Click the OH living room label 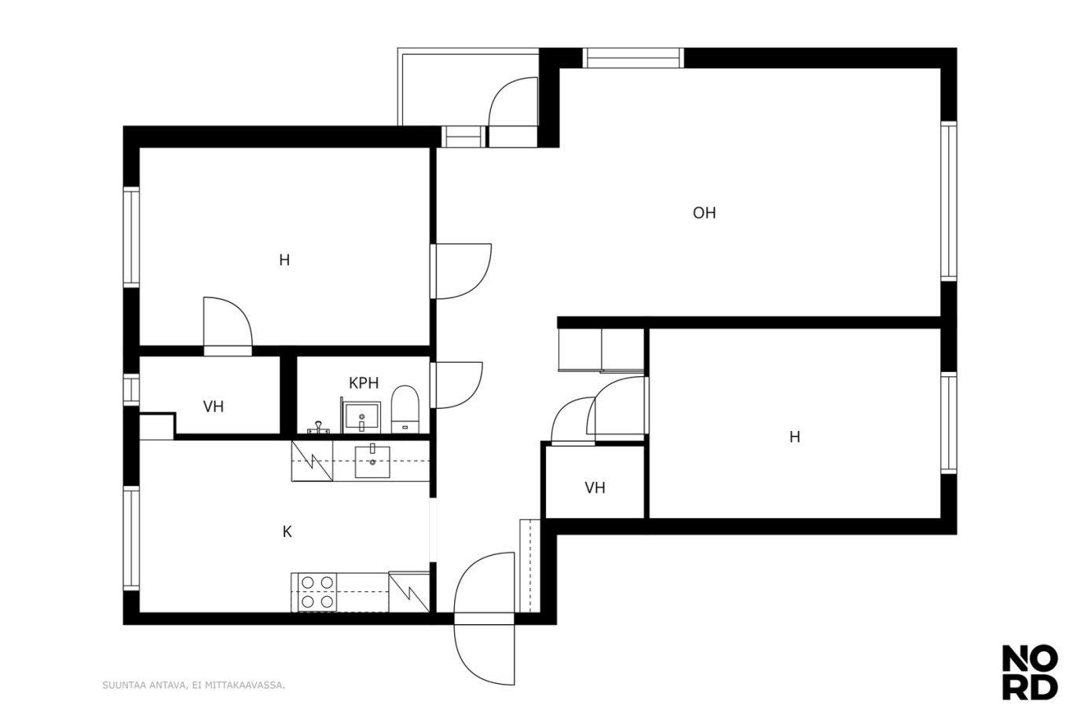pos(704,213)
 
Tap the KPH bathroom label pos(364,383)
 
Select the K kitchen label pos(287,532)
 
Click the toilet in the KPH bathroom pos(405,409)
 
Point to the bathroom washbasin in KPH pos(362,418)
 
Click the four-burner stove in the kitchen pos(317,592)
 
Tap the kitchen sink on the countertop pos(372,462)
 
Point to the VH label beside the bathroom pos(213,407)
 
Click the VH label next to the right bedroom pos(595,488)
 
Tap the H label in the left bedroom pos(284,260)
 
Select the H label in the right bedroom pos(795,437)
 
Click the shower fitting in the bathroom pos(319,427)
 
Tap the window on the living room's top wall pos(633,58)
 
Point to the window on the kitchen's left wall pos(131,539)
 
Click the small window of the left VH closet pos(131,389)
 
